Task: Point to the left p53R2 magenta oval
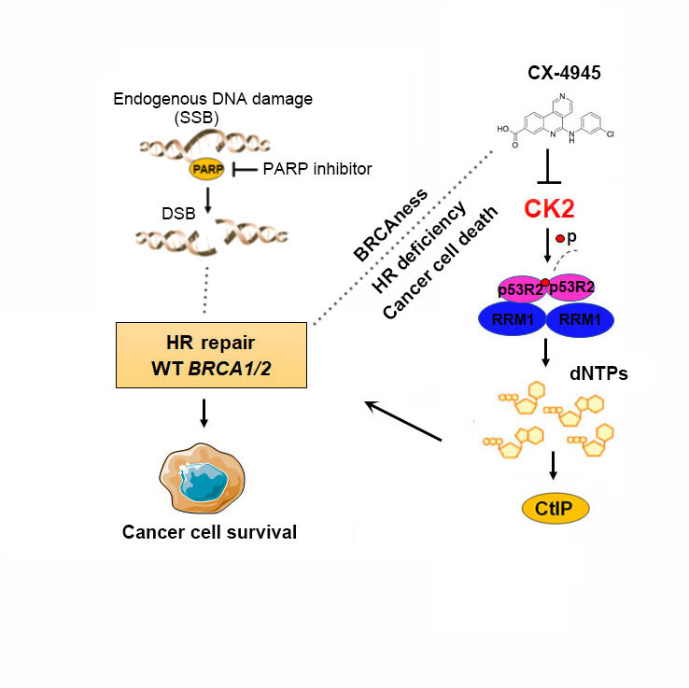517,288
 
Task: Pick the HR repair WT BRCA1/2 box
213,355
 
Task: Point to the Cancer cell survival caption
209,532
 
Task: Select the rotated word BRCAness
390,224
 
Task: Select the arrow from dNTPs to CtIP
555,463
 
